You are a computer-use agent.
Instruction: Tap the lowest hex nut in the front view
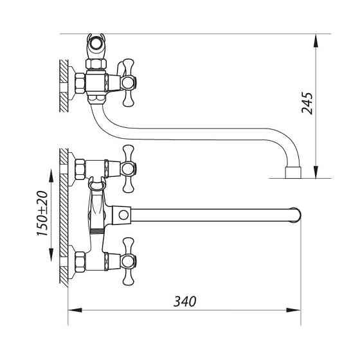(x=80, y=262)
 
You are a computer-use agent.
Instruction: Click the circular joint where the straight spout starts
(x=122, y=214)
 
